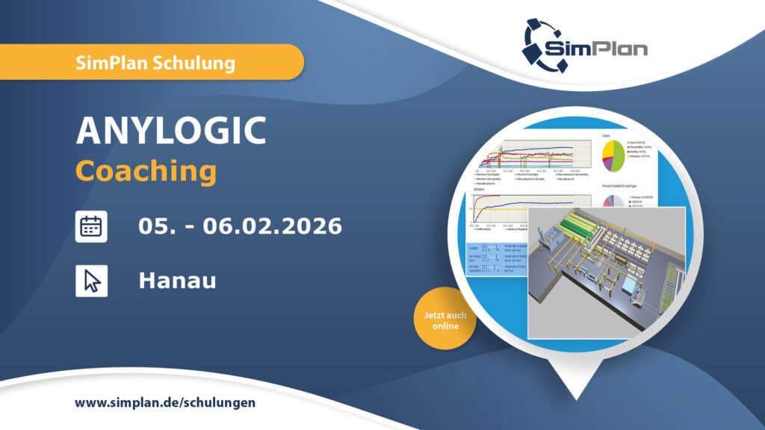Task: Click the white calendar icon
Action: [91, 226]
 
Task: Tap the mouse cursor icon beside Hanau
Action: [91, 281]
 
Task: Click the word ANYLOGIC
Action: [171, 131]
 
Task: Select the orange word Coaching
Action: [146, 170]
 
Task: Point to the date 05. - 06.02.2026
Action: [240, 225]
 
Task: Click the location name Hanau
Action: [177, 281]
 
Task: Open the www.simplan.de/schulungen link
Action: [165, 402]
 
